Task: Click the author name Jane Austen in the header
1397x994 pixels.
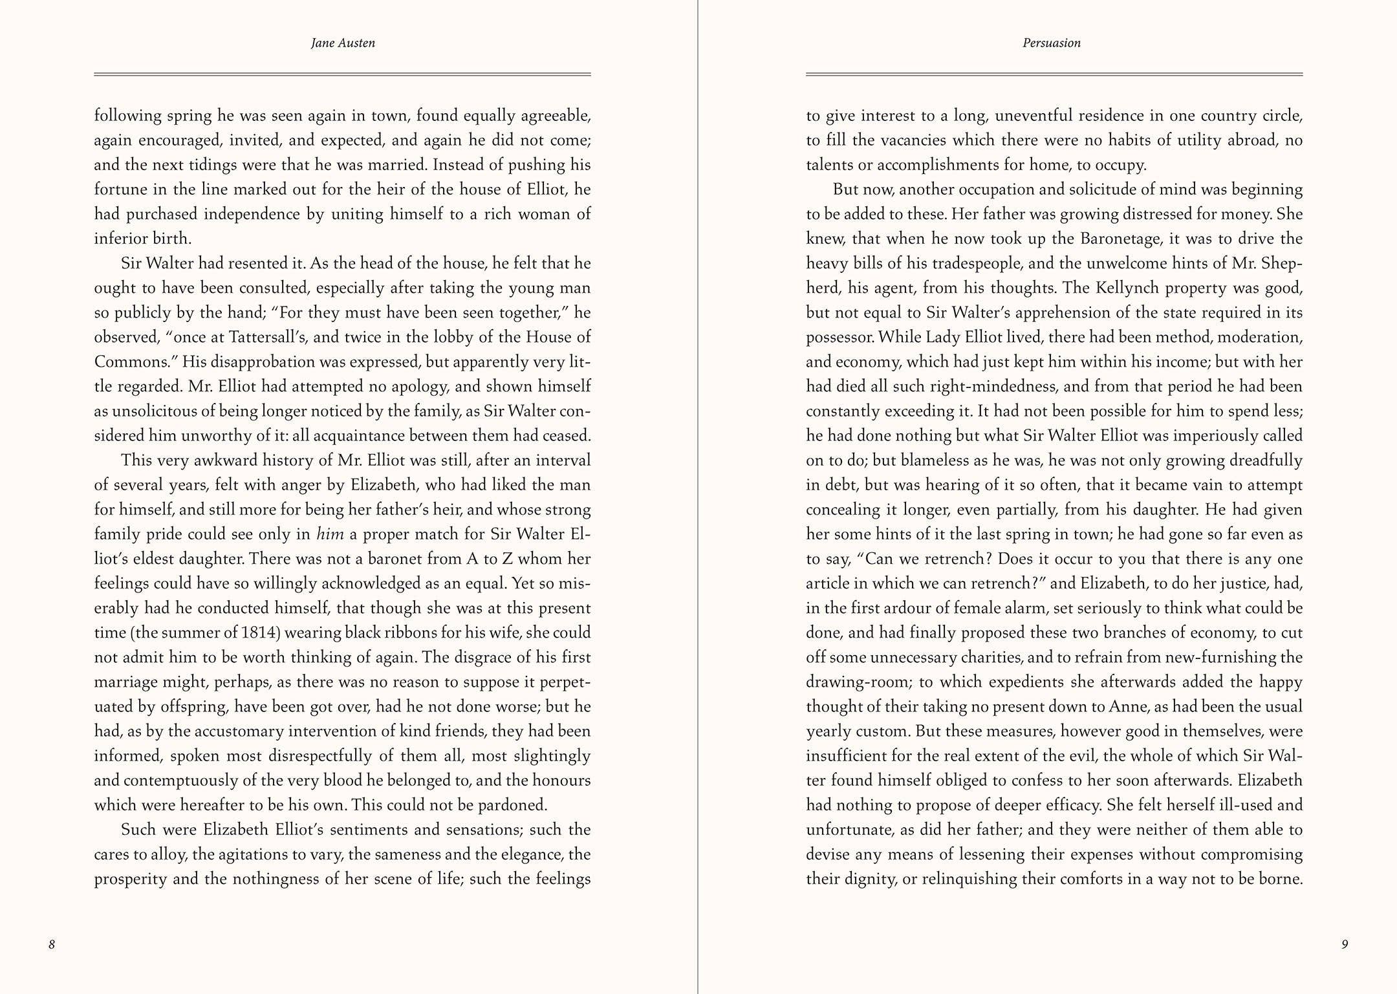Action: tap(343, 43)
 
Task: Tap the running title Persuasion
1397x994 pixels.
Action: tap(1052, 43)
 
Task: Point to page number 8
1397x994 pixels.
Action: tap(52, 944)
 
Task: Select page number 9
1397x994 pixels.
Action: tap(1345, 944)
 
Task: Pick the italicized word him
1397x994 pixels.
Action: tap(330, 534)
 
